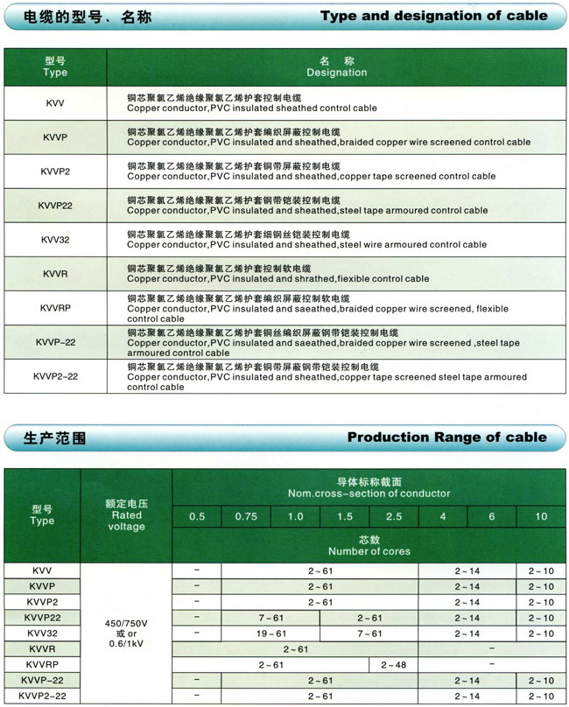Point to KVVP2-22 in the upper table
click(55, 376)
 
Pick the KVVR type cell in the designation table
click(55, 274)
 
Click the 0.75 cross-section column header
click(246, 516)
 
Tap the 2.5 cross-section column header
click(394, 516)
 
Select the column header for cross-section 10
click(541, 516)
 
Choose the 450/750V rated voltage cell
click(127, 625)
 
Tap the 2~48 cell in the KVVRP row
click(394, 664)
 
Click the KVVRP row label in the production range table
click(42, 664)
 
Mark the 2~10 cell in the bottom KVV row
click(541, 570)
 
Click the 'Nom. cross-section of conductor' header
click(369, 487)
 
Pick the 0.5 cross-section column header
click(197, 516)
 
